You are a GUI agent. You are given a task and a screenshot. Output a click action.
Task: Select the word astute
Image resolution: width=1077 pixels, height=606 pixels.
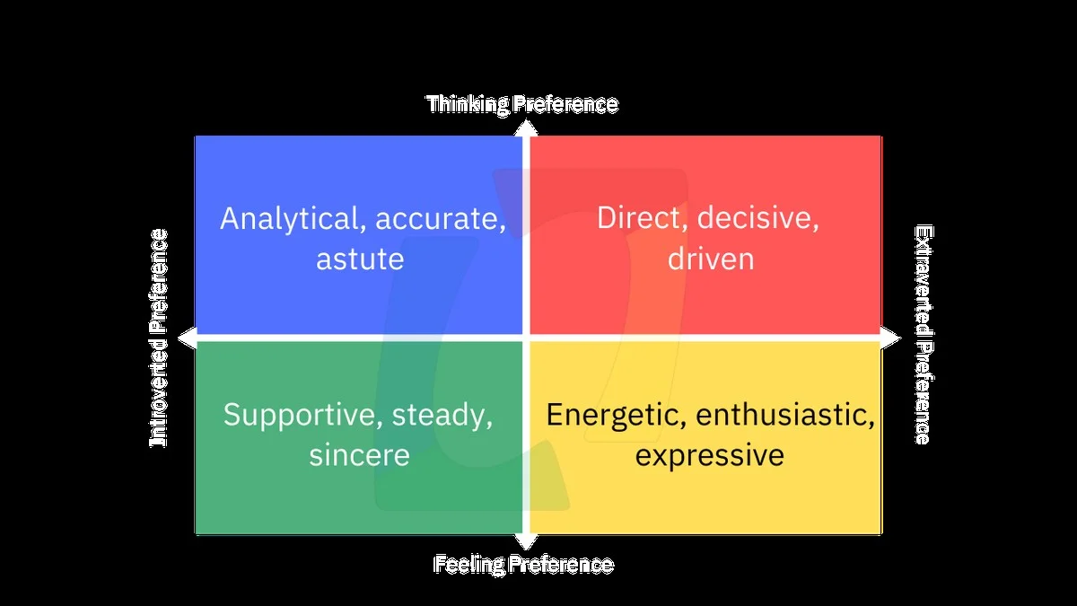point(360,259)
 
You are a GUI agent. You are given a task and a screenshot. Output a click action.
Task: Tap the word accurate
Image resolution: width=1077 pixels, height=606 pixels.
point(441,218)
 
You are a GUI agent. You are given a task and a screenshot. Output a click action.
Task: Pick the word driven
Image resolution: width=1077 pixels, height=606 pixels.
point(710,259)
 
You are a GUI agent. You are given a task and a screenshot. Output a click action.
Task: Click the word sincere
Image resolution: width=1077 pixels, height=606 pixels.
point(359,455)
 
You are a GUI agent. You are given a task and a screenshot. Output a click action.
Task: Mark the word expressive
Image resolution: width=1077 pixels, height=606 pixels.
point(710,455)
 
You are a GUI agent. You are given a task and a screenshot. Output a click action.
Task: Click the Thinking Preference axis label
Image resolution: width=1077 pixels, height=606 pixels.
point(522,104)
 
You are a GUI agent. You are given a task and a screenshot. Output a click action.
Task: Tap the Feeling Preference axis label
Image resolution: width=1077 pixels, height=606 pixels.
point(524,565)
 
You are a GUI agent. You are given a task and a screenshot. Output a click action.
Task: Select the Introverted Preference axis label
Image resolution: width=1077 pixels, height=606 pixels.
point(158,338)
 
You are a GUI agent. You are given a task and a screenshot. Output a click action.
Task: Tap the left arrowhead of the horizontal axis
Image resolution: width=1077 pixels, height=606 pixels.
point(187,338)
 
